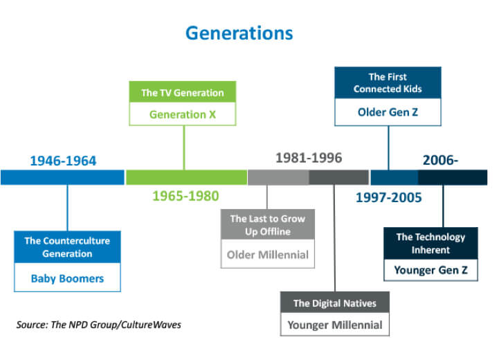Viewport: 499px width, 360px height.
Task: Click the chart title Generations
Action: (239, 33)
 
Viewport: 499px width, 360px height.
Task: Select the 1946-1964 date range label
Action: (63, 161)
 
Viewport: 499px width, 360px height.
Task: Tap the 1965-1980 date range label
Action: (185, 196)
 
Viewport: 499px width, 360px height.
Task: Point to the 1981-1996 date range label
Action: (309, 158)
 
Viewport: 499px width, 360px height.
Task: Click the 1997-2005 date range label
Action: (388, 197)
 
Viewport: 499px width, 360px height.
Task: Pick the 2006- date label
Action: (440, 160)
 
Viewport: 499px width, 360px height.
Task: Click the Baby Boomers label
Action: (67, 278)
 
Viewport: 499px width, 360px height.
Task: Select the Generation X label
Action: (183, 114)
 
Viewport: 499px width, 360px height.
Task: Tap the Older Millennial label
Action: (268, 255)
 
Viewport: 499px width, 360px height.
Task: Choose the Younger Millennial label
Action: (335, 325)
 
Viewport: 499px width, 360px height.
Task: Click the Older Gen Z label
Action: (388, 112)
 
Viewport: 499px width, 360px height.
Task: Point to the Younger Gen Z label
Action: (430, 270)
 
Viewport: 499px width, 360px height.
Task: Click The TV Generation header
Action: (183, 93)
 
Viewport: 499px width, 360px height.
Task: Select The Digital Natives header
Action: (335, 303)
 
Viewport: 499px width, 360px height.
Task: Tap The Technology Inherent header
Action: (430, 243)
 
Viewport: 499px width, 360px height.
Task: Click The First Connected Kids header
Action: (388, 83)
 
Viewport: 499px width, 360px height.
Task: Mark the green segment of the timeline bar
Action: (186, 177)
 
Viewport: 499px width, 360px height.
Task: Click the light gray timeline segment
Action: (278, 177)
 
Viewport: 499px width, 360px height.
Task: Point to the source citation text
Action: (99, 325)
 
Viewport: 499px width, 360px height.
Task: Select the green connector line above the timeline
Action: (184, 147)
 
